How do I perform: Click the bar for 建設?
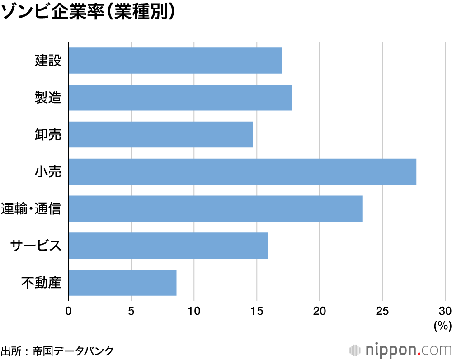[x=175, y=61]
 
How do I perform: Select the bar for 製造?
[x=180, y=98]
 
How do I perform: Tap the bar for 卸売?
[x=160, y=134]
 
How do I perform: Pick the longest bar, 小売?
[x=242, y=171]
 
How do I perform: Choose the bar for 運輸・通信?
[x=215, y=208]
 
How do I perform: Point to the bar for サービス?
[x=168, y=246]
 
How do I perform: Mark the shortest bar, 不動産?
[x=122, y=283]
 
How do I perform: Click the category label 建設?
[x=48, y=61]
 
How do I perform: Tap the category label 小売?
[x=48, y=172]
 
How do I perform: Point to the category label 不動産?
[x=41, y=283]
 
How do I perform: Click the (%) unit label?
[x=443, y=325]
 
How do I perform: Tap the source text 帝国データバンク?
[x=72, y=351]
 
